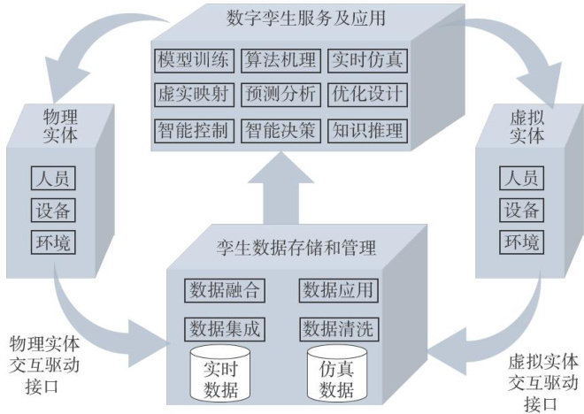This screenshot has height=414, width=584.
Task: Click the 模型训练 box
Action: pos(195,61)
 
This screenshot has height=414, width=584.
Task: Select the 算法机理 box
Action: pos(281,61)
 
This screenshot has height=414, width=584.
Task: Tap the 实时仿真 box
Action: pos(367,61)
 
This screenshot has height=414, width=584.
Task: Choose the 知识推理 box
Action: pos(367,131)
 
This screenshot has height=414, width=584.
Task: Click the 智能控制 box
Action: pos(195,131)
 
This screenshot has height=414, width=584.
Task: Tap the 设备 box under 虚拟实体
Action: pos(521,210)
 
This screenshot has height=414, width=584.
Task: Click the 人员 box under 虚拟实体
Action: pos(521,178)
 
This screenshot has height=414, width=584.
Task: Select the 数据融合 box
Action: pos(225,290)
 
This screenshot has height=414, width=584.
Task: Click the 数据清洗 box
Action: pos(338,328)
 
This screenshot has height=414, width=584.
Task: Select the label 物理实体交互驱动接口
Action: pos(44,363)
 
